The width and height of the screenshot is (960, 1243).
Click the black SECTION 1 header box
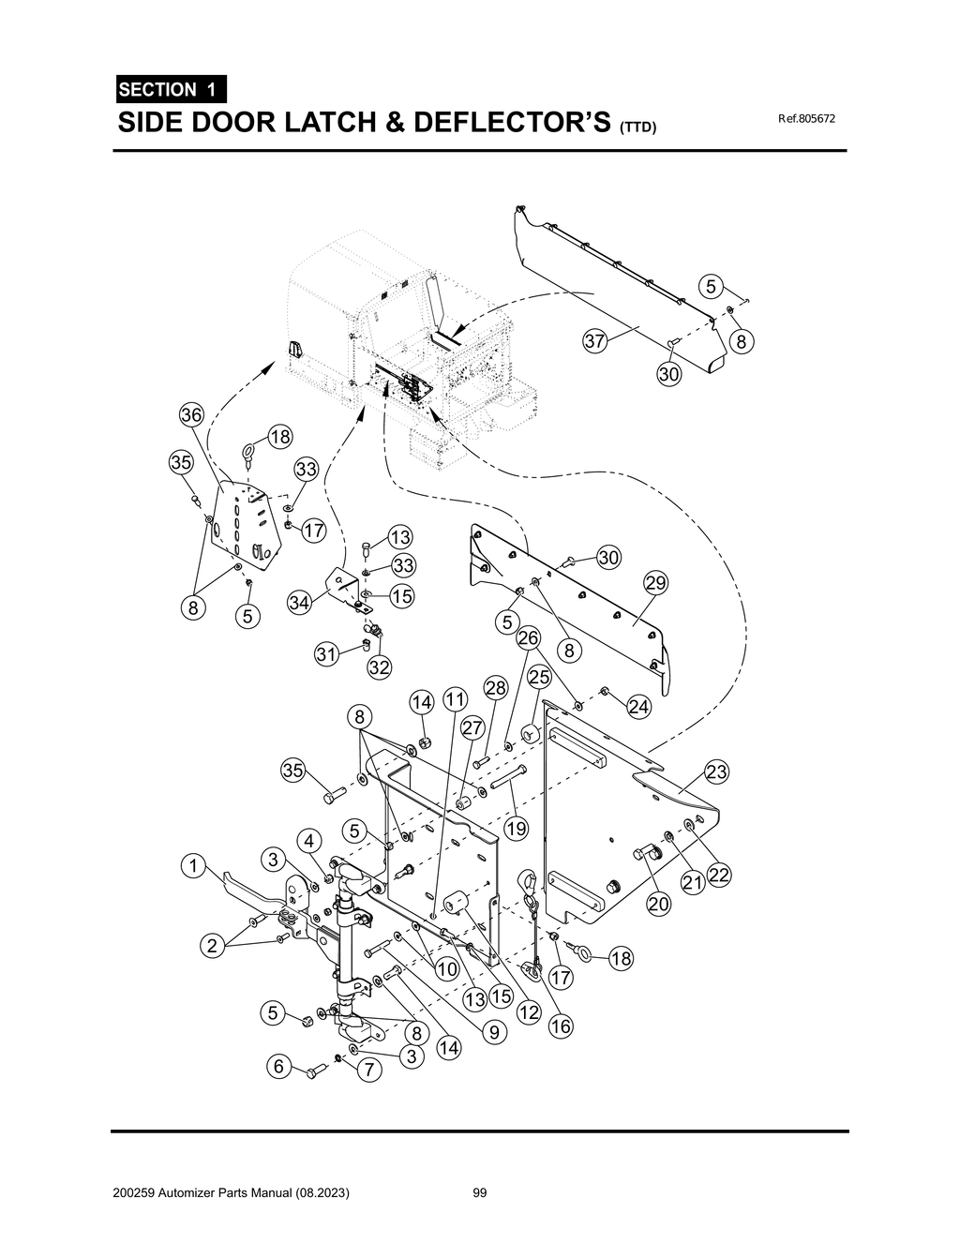pyautogui.click(x=169, y=90)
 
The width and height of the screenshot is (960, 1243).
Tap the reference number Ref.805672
pyautogui.click(x=806, y=120)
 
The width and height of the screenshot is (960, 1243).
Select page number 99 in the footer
pyautogui.click(x=480, y=1193)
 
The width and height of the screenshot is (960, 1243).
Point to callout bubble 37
pyautogui.click(x=595, y=341)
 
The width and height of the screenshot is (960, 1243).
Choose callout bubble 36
pyautogui.click(x=191, y=415)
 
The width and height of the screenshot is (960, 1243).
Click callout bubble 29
pyautogui.click(x=655, y=583)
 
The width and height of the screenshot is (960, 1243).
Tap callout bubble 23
pyautogui.click(x=716, y=772)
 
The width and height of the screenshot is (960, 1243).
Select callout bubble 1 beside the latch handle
pyautogui.click(x=193, y=866)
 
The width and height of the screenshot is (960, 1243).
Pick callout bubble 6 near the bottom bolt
pyautogui.click(x=277, y=1066)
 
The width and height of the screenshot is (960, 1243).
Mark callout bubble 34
pyautogui.click(x=299, y=603)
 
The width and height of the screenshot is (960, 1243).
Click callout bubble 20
pyautogui.click(x=659, y=905)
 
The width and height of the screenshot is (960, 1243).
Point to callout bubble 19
pyautogui.click(x=516, y=829)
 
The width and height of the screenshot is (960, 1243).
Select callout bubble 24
pyautogui.click(x=638, y=707)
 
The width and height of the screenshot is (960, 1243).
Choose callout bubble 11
pyautogui.click(x=455, y=699)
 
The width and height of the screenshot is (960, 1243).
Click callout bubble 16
pyautogui.click(x=560, y=1026)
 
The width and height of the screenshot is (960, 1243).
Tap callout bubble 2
pyautogui.click(x=212, y=946)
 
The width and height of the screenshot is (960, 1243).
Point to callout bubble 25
pyautogui.click(x=539, y=677)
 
